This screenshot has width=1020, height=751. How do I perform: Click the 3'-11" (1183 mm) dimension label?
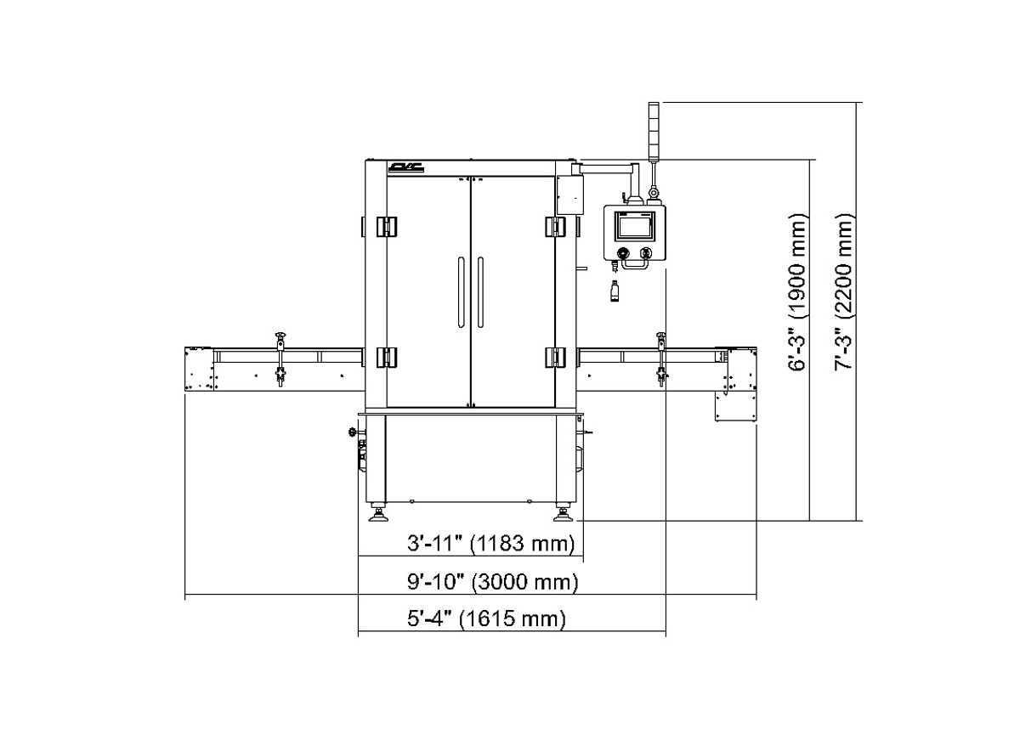pos(491,544)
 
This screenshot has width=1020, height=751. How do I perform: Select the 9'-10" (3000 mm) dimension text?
pos(493,582)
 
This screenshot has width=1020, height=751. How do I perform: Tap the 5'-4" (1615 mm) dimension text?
pos(486,618)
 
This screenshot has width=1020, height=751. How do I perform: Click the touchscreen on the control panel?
pos(635,226)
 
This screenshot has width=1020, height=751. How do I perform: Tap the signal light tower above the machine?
pos(654,131)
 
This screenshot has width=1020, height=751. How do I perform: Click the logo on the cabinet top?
pos(406,167)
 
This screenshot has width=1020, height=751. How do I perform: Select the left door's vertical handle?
pos(462,291)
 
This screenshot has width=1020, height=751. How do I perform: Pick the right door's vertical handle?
pos(480,291)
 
